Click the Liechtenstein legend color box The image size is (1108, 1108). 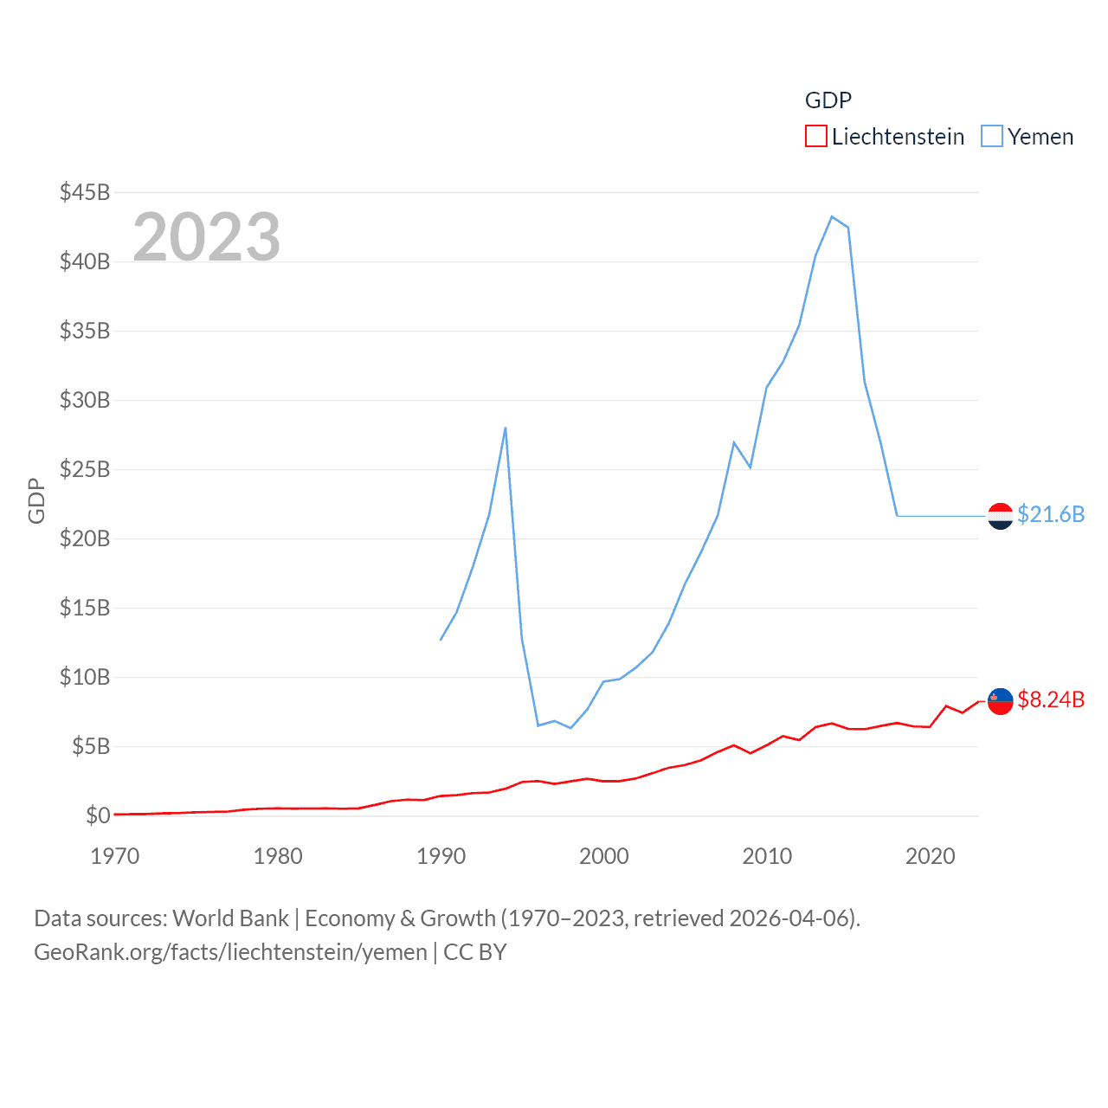click(815, 137)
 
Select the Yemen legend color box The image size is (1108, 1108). click(992, 137)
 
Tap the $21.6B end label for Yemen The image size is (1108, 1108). click(1050, 514)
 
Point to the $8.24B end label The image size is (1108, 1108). click(1050, 699)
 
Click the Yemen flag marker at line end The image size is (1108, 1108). click(1000, 516)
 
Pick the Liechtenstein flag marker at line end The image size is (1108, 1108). click(1000, 701)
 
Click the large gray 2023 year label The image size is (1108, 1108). click(206, 236)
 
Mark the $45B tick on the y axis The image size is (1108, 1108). click(85, 192)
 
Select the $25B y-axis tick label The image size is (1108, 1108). click(85, 469)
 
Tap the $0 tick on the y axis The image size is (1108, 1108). click(98, 815)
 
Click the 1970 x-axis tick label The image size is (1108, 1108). click(115, 856)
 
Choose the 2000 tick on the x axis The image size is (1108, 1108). click(604, 856)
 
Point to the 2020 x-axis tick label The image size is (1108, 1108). click(930, 856)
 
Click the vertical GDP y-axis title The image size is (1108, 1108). click(36, 500)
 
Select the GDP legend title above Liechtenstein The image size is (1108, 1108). click(828, 100)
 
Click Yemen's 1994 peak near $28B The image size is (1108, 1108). click(506, 428)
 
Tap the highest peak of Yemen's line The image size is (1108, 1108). click(832, 216)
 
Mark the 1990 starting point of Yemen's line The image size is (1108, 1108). click(441, 640)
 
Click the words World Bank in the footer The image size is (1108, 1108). click(231, 918)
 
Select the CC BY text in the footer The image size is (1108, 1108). click(474, 952)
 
